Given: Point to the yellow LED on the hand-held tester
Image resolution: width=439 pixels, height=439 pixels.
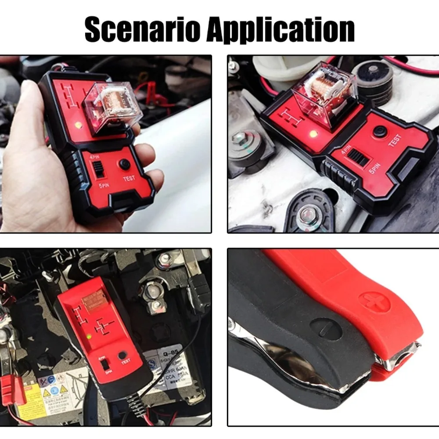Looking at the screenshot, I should [x=78, y=125].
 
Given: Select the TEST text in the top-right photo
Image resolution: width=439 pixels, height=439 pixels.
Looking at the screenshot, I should [x=395, y=141].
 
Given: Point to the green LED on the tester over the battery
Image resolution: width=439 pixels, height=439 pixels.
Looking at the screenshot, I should [x=90, y=337].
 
